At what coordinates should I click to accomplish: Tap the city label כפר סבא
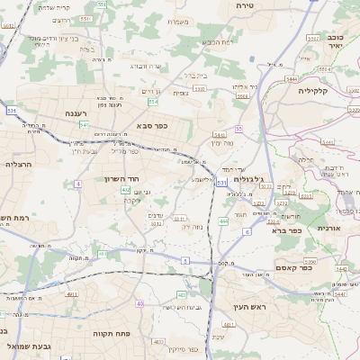pos(152,126)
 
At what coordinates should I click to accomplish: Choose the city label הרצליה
pos(17,165)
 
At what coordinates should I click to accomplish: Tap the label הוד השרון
pos(132,180)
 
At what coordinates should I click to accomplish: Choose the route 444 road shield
pos(222,220)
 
